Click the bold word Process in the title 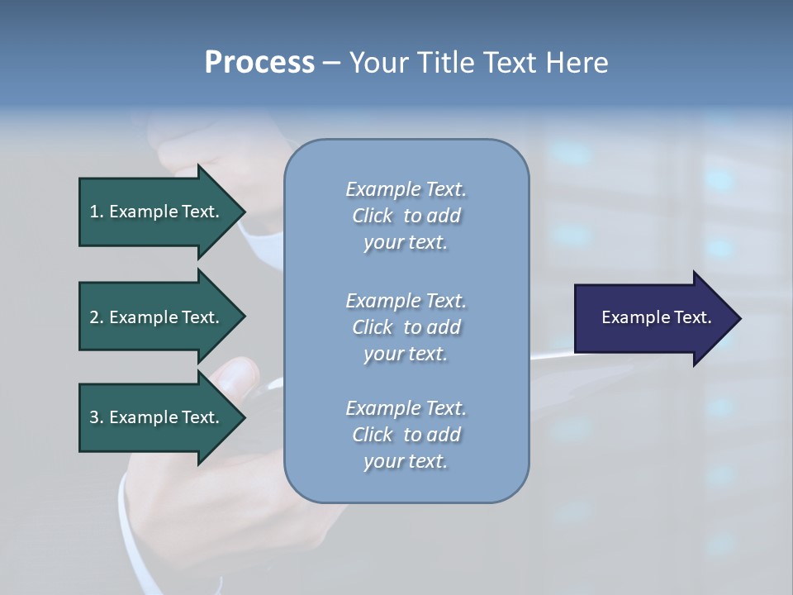(259, 63)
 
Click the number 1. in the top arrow (96, 212)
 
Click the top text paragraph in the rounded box (406, 216)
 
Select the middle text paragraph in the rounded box (406, 327)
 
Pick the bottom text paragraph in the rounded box (406, 435)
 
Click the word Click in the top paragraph (373, 216)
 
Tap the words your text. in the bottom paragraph (406, 461)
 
